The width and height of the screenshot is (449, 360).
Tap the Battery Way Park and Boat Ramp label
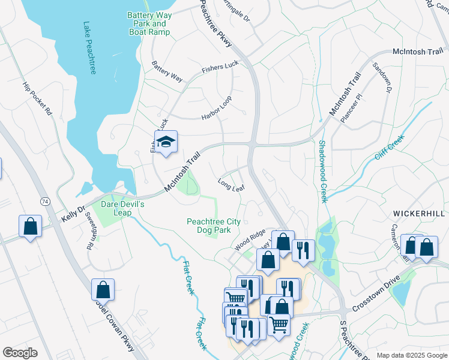tap(149, 23)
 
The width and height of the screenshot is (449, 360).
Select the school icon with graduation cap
tap(166, 142)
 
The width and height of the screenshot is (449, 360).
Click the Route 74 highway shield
tap(44, 200)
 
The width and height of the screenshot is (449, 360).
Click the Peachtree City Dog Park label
tap(213, 226)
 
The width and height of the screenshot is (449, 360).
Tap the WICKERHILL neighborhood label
tap(420, 214)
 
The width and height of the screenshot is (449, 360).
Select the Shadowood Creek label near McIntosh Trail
tap(322, 171)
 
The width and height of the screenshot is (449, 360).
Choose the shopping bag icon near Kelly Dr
tap(30, 226)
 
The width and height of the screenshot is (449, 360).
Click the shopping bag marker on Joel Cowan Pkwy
tap(103, 289)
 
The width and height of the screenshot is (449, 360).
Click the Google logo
tap(20, 352)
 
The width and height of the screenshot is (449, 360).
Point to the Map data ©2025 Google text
tap(411, 355)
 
